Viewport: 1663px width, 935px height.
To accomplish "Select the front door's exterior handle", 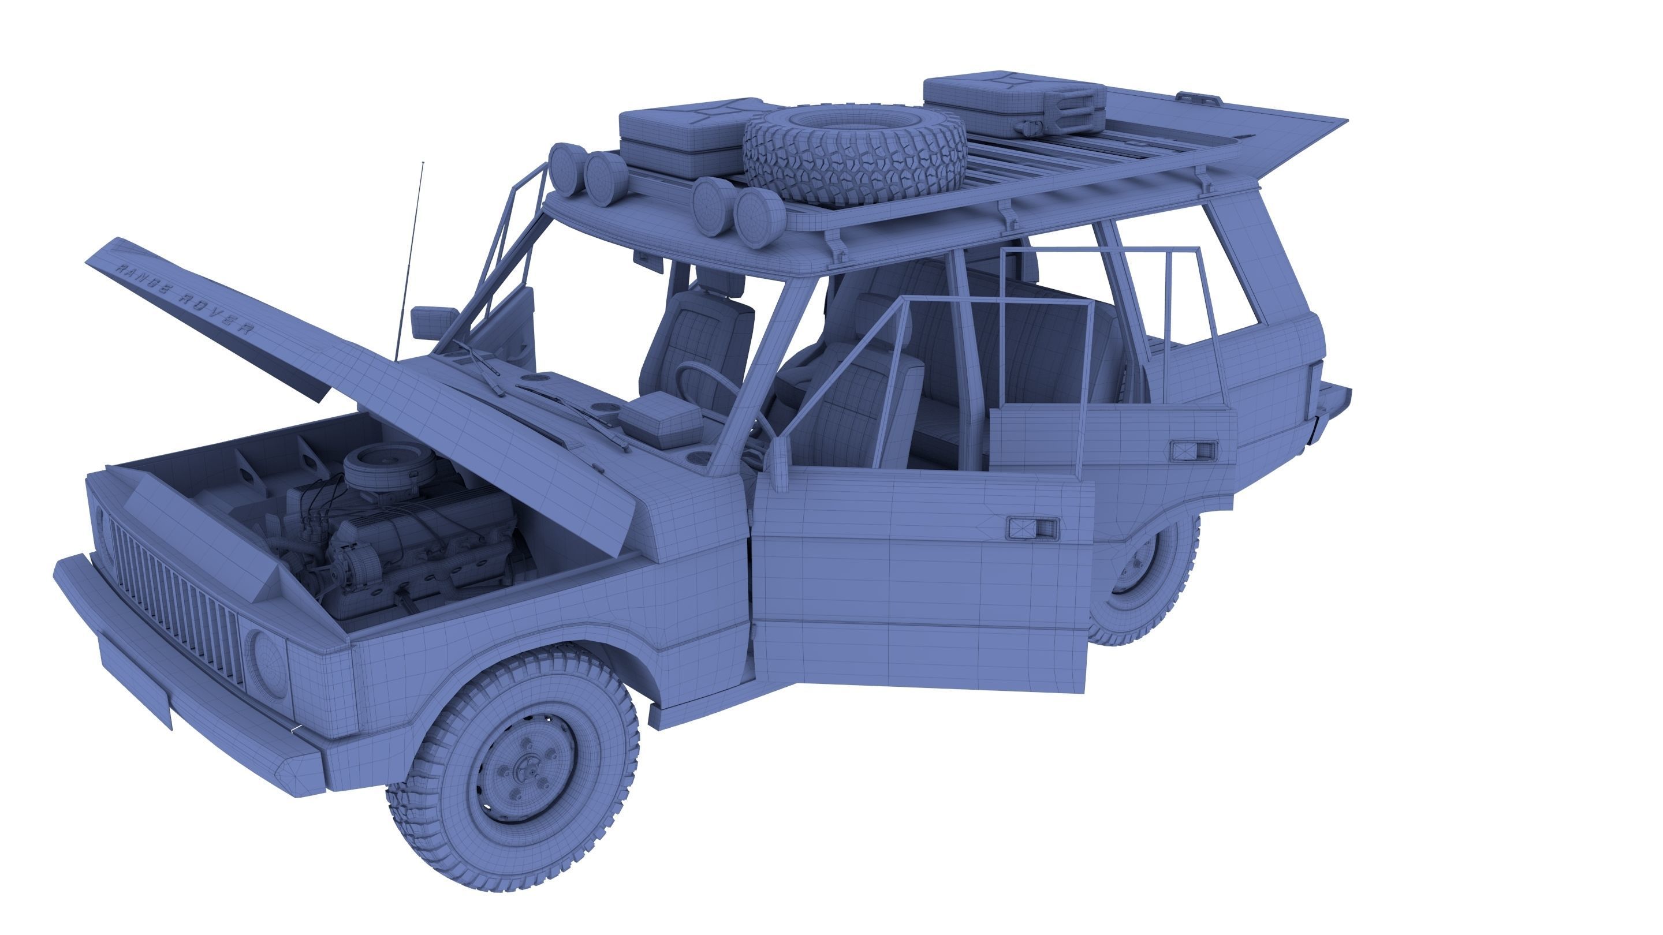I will click(1033, 529).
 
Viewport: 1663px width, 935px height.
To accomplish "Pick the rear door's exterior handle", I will click(1194, 451).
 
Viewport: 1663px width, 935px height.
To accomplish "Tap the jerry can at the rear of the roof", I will click(1013, 104).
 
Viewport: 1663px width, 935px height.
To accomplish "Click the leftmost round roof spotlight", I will click(567, 169).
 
